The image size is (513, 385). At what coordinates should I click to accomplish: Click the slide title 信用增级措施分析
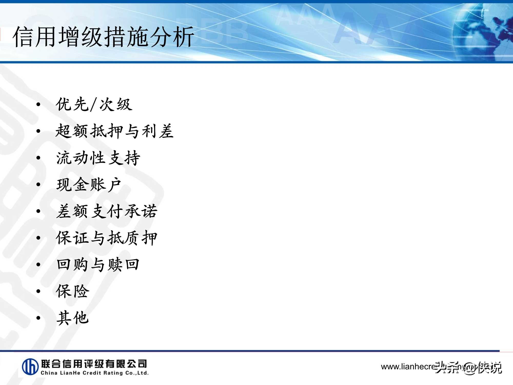(103, 37)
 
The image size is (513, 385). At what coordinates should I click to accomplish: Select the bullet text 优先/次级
(94, 104)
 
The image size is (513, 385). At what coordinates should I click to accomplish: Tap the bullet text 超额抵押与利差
(114, 131)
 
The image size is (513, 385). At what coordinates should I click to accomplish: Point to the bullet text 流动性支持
(98, 158)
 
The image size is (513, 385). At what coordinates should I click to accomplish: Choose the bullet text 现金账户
(88, 184)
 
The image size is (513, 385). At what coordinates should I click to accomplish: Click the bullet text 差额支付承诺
(106, 211)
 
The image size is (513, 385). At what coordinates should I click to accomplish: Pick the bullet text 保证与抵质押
(106, 238)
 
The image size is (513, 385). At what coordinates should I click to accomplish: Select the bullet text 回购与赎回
(98, 264)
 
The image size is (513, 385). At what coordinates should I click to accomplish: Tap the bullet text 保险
(73, 291)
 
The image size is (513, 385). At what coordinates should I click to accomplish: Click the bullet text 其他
(73, 318)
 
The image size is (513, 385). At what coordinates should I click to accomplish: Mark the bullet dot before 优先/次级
(38, 104)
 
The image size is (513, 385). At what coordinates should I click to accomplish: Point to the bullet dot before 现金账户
(38, 185)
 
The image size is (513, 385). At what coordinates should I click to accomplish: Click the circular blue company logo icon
(30, 367)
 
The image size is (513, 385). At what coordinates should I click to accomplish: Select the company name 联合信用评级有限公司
(94, 363)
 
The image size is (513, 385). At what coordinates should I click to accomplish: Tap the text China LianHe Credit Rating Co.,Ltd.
(95, 373)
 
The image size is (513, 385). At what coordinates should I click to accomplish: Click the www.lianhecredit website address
(410, 367)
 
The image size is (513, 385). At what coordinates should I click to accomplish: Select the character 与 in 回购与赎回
(98, 264)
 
